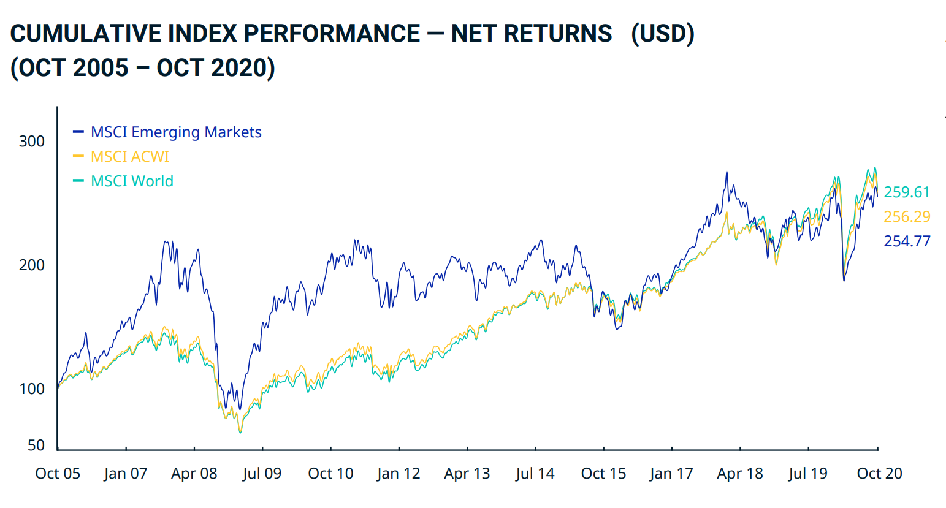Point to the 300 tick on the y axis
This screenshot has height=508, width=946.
point(32,142)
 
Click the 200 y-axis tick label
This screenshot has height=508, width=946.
point(32,265)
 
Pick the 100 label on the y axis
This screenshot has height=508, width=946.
point(32,389)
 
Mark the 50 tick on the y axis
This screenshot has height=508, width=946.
point(36,445)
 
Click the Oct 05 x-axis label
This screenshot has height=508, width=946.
point(58,474)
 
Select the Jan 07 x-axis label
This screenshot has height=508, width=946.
point(126,474)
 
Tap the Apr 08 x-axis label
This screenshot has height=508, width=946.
point(194,474)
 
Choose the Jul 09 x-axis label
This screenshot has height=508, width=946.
point(262,474)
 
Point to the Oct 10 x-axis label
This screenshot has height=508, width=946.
point(330,474)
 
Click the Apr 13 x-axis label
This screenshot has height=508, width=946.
point(467,474)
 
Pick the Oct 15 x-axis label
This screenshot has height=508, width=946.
point(603,474)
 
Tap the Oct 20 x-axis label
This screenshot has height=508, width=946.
point(879,474)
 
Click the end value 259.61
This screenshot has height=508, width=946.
point(907,192)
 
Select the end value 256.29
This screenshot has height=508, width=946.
point(907,217)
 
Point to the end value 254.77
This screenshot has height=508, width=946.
point(907,241)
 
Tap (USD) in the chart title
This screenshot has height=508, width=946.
point(663,34)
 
